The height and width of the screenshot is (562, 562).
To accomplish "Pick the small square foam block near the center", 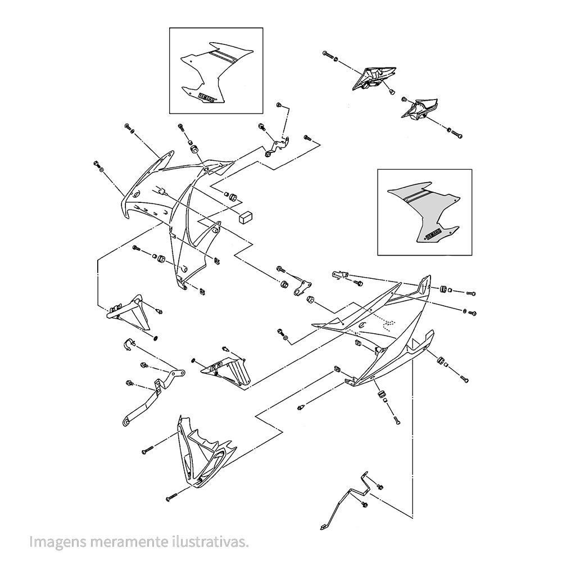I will coord(245,216).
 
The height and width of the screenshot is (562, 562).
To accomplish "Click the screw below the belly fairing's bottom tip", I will coord(172,498).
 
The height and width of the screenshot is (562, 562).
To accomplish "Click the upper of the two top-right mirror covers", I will coord(372,77).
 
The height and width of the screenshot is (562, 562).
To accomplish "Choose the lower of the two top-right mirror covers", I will coord(419,109).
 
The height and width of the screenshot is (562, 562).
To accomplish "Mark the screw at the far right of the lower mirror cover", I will coord(456,134).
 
